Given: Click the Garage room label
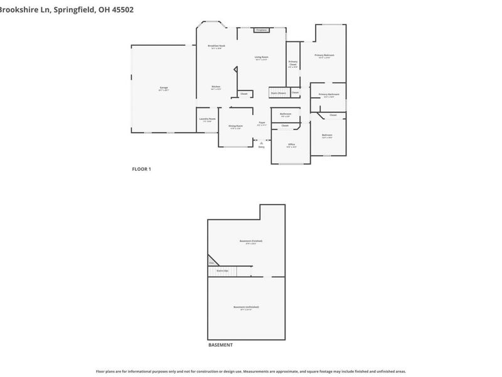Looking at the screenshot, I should [163, 88].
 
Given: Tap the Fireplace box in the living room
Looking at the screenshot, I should [262, 30].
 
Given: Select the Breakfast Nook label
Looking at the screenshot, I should [216, 46].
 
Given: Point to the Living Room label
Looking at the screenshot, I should [262, 58].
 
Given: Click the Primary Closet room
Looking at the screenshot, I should [293, 63].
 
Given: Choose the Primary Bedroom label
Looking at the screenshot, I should [324, 56].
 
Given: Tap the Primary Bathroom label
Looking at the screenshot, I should [328, 95].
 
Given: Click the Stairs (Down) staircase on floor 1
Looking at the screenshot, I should [278, 93].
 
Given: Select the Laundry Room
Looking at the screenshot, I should [207, 119].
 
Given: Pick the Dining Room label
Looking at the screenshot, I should [235, 126].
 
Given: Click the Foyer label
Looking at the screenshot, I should [262, 123].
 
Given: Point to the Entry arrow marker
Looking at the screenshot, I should [262, 143].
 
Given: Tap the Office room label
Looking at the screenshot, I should [291, 145].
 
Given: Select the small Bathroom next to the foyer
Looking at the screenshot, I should [286, 114].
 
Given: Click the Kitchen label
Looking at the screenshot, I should [216, 87].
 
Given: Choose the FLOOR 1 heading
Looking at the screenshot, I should [141, 168].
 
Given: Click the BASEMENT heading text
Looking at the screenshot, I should [220, 345].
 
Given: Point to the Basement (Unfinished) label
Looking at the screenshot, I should [246, 307].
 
